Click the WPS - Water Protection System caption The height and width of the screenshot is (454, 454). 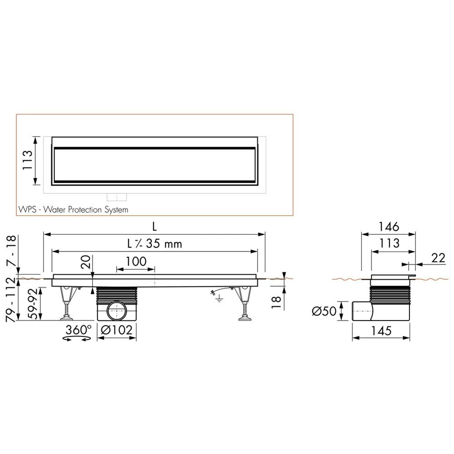(73, 210)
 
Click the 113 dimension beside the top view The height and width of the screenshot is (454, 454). (28, 160)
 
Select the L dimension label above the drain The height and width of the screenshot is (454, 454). (155, 227)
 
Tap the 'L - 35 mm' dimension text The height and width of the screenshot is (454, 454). (155, 243)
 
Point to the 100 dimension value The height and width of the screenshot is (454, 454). (136, 262)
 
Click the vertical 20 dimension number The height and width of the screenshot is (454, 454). (86, 262)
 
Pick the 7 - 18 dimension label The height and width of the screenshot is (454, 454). (11, 251)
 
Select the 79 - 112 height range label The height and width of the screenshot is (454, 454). (11, 300)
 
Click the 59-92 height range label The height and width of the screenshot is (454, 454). (33, 304)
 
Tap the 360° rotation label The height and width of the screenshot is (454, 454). (78, 330)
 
